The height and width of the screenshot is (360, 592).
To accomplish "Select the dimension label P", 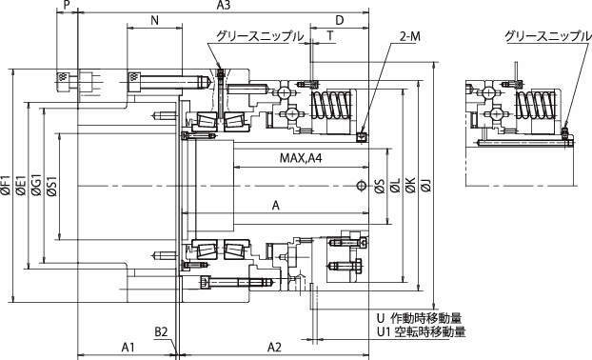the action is coord(67,5).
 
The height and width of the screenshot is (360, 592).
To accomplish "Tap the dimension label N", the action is coord(154,20).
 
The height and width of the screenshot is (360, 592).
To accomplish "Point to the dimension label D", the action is coord(340,20).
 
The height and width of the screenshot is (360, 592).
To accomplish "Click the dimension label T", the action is coord(330,36).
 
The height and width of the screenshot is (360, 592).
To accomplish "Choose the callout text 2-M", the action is coord(410,36).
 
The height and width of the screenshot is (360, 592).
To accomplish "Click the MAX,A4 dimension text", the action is coord(301,158).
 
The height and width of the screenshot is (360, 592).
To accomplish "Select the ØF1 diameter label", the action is coord(6,185).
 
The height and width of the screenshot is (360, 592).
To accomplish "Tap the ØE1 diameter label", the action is coord(21,185).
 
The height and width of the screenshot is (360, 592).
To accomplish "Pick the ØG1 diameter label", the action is coord(36,185).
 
